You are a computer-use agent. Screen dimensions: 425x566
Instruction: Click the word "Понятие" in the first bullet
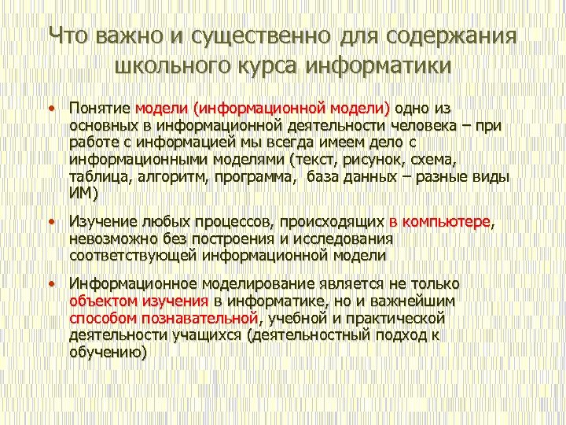(x=100, y=108)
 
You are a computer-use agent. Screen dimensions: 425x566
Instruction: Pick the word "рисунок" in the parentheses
(x=376, y=160)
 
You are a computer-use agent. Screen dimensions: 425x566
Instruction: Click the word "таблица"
(x=97, y=176)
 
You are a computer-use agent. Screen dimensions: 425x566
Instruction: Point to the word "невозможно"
(x=111, y=239)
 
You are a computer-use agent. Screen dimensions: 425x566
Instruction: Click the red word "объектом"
(x=101, y=301)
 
